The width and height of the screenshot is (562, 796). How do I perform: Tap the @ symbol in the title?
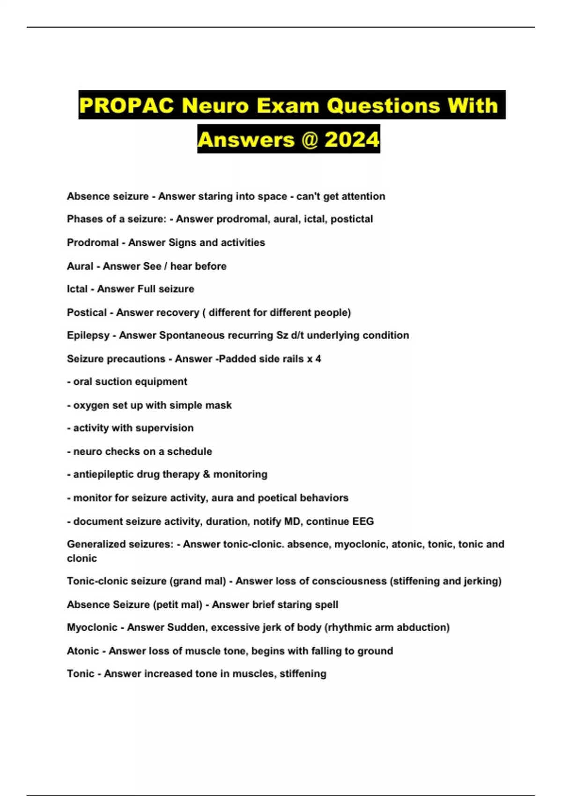tap(310, 140)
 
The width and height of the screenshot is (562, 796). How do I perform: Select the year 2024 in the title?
tap(352, 140)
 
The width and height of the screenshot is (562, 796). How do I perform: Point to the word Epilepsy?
tap(88, 335)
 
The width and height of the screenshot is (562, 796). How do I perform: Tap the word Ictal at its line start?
tap(77, 289)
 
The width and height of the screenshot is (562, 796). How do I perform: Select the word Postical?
tap(87, 312)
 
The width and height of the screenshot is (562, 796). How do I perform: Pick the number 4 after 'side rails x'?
tap(318, 359)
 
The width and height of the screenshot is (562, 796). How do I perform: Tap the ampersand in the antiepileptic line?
tap(207, 474)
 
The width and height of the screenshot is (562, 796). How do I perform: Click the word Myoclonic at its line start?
tap(92, 627)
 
